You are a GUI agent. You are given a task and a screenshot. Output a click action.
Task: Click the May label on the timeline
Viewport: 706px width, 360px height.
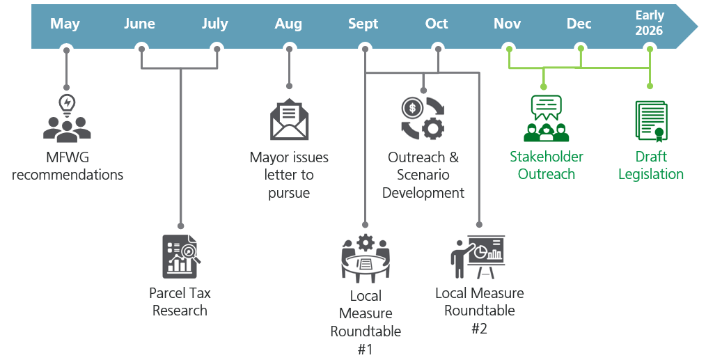(65, 24)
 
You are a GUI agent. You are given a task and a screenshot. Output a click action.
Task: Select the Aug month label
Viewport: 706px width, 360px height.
(288, 24)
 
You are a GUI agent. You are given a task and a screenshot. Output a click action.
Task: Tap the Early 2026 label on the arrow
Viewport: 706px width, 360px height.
(649, 23)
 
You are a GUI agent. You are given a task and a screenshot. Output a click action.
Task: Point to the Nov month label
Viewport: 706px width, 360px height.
(507, 24)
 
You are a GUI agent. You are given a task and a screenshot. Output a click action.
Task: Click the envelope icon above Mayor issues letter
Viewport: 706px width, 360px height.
(289, 120)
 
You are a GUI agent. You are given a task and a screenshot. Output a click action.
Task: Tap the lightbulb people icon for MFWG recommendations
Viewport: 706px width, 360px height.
(67, 119)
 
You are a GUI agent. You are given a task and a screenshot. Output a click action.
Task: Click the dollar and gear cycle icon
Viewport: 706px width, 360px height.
(423, 117)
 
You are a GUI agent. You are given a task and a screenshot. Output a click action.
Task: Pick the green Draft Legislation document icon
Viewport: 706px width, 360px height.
(651, 120)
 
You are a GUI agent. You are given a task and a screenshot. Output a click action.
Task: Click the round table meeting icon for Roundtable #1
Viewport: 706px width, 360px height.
(366, 258)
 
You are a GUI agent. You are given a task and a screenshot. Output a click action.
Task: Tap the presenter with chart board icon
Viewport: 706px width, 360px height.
(478, 257)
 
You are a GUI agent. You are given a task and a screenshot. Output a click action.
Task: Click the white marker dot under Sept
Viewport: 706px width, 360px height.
(364, 49)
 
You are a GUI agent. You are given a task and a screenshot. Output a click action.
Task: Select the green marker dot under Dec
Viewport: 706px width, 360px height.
(579, 49)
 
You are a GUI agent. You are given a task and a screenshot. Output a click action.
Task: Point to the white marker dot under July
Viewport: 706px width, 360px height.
(217, 49)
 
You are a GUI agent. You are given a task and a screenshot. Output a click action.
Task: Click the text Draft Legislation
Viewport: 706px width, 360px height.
(651, 165)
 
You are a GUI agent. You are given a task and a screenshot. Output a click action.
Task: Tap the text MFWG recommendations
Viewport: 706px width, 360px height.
(68, 165)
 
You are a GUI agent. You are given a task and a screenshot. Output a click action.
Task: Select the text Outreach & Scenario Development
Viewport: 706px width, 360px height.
(423, 175)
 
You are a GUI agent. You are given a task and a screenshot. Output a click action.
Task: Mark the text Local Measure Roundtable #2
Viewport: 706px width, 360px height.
(479, 311)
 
